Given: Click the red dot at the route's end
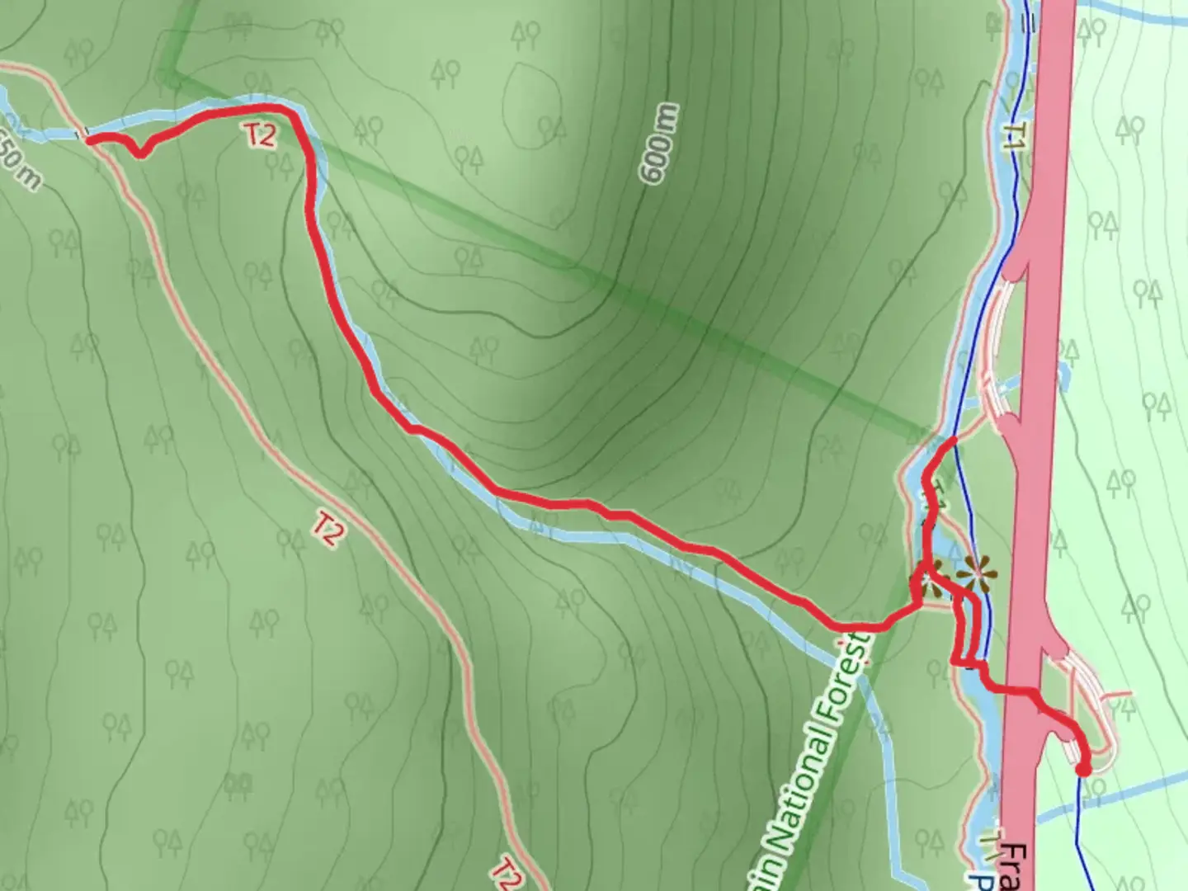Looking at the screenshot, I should click(1083, 769).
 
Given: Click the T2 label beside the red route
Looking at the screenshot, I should click(260, 134).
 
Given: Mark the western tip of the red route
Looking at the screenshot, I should click(87, 139).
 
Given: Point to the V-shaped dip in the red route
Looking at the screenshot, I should click(141, 153).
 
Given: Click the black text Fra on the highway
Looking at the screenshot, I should click(1020, 866).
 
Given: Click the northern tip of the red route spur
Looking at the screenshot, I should click(953, 441).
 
